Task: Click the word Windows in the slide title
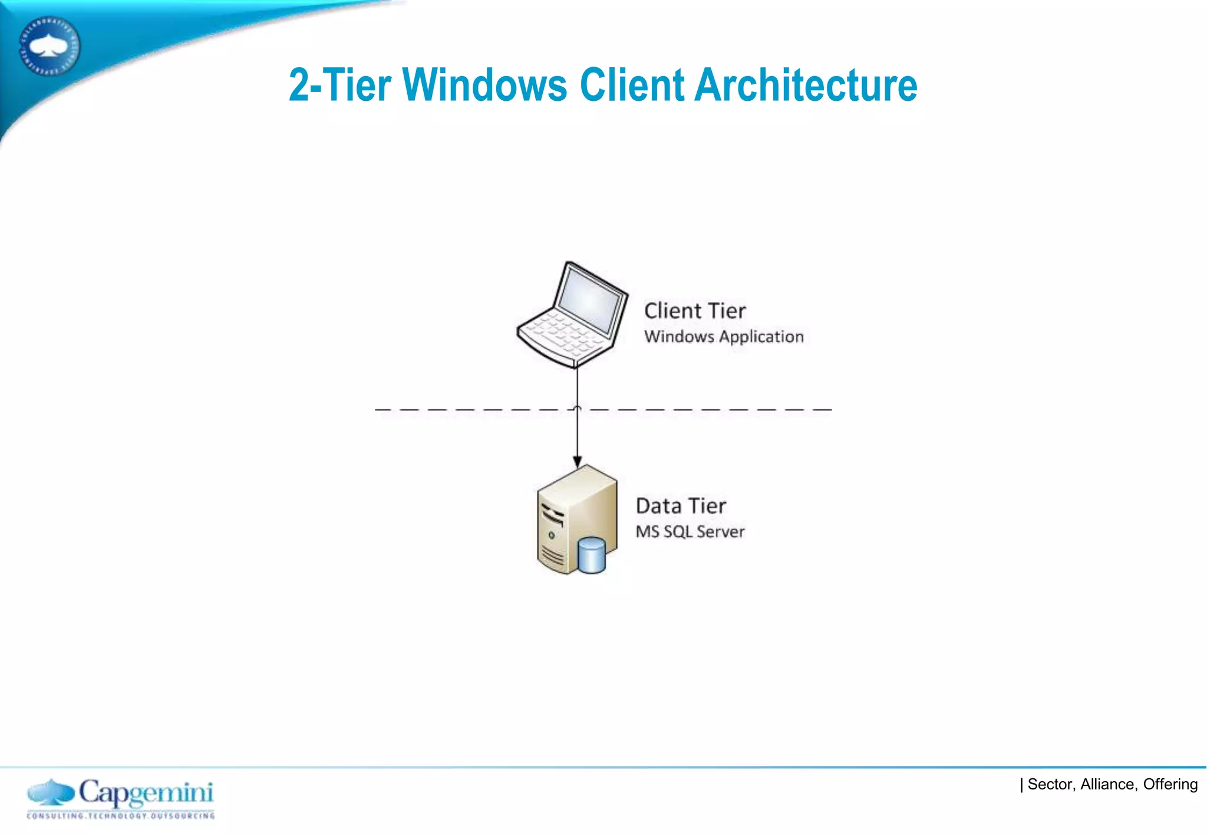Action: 484,85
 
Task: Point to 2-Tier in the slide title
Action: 339,85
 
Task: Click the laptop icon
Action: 572,315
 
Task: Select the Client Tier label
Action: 694,311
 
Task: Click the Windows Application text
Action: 724,337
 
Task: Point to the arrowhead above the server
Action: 577,462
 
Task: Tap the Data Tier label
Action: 681,506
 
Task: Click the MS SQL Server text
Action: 690,532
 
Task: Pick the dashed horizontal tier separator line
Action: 707,409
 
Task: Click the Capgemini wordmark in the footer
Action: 146,792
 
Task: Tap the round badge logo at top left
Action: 50,46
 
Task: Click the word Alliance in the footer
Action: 1107,784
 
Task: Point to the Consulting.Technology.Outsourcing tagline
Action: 121,816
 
